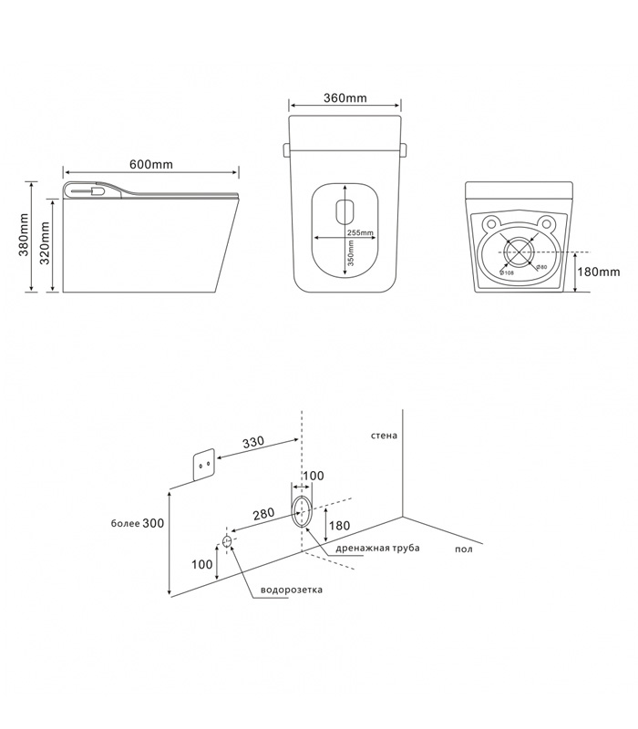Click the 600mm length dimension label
point(151,164)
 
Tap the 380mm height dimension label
point(24,236)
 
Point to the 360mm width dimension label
point(345,98)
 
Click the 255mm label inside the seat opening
point(360,233)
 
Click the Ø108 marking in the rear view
point(508,272)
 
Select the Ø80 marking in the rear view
point(540,266)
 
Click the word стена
point(384,436)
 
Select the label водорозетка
point(292,590)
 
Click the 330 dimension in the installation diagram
point(254,442)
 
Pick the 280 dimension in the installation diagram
point(263,514)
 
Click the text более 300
point(138,523)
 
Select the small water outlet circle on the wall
point(226,542)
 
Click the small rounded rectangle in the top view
point(345,210)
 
